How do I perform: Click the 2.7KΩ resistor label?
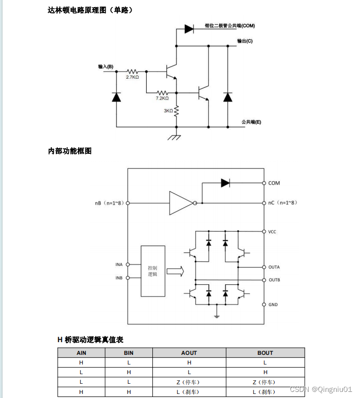point(133,78)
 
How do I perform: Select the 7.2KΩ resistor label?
point(162,98)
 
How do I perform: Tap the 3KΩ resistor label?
point(168,111)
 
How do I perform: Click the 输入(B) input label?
point(106,67)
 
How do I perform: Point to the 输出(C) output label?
point(245,41)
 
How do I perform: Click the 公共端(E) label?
point(251,122)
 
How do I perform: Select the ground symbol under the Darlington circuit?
point(176,137)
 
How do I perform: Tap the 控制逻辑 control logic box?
point(153,271)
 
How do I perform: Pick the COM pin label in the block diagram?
point(274,183)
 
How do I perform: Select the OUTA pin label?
point(274,267)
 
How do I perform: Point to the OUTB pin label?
point(274,280)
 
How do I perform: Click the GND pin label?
point(273,305)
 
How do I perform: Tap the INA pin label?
point(119,264)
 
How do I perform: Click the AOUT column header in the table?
point(189,353)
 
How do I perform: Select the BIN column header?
point(128,353)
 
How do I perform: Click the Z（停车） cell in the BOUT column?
point(265,382)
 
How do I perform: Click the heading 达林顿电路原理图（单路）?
point(91,10)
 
